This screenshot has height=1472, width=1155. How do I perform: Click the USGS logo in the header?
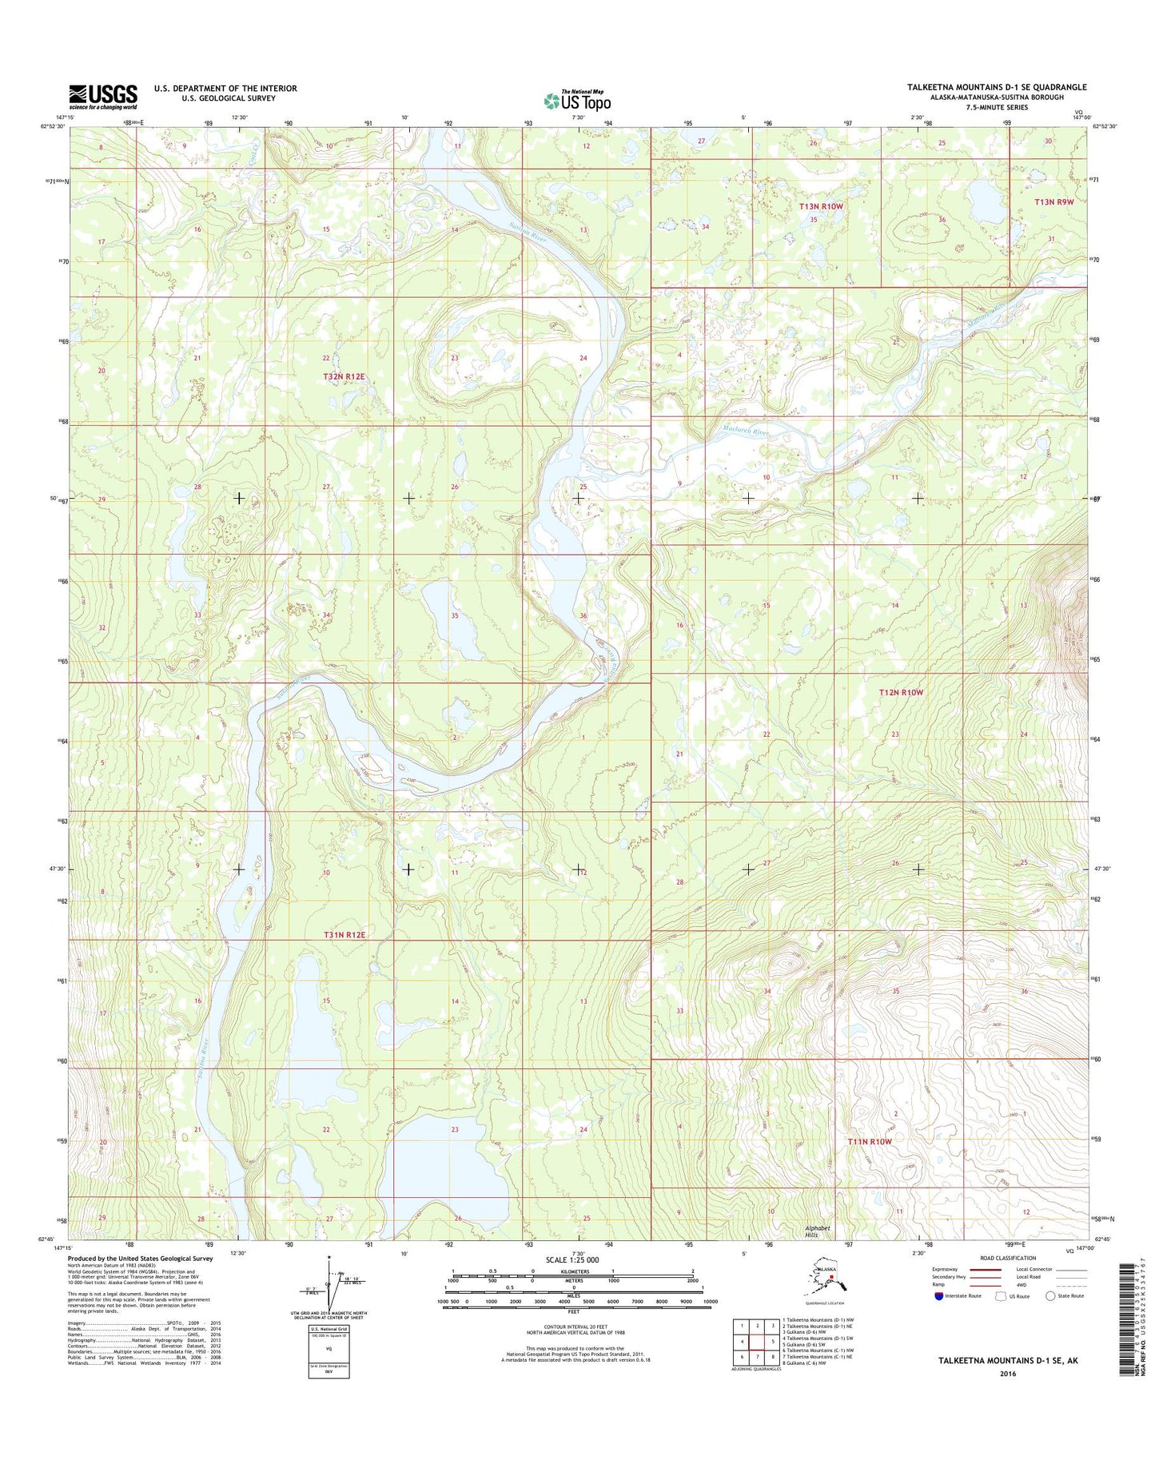coord(102,96)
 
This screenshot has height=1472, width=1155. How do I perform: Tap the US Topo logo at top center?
coord(577,101)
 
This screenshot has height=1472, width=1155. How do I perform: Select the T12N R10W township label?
coord(901,692)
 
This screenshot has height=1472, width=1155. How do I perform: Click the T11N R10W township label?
coord(869,1142)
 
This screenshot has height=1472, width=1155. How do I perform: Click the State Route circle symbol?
coord(1050,1295)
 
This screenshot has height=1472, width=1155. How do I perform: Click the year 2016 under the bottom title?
coord(1008,1375)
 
